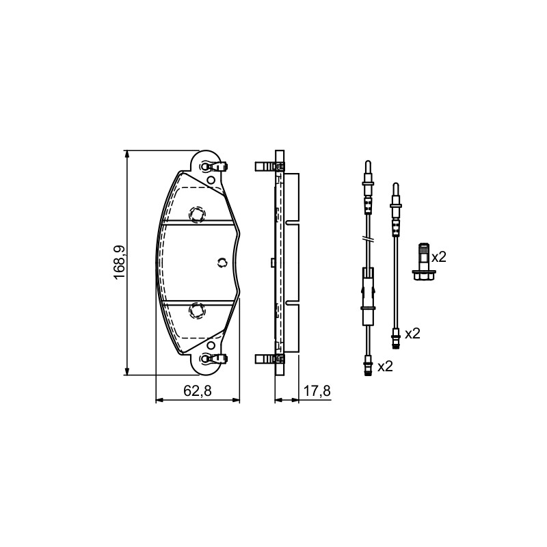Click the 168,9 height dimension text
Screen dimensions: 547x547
(x=120, y=263)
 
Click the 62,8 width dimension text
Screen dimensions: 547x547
(x=198, y=390)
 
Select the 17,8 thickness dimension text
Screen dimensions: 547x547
(x=317, y=390)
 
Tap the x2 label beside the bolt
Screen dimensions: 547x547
(x=439, y=258)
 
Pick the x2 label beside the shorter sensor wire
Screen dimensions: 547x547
(x=412, y=334)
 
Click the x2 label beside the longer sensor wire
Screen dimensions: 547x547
(x=386, y=366)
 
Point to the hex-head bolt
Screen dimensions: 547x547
(x=423, y=262)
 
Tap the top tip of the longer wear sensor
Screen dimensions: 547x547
(x=368, y=161)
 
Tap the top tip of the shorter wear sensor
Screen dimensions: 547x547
(x=395, y=183)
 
